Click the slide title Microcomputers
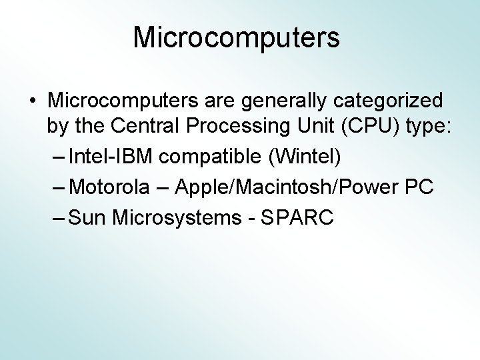pos(237,37)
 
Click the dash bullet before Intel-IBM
pos(59,158)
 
